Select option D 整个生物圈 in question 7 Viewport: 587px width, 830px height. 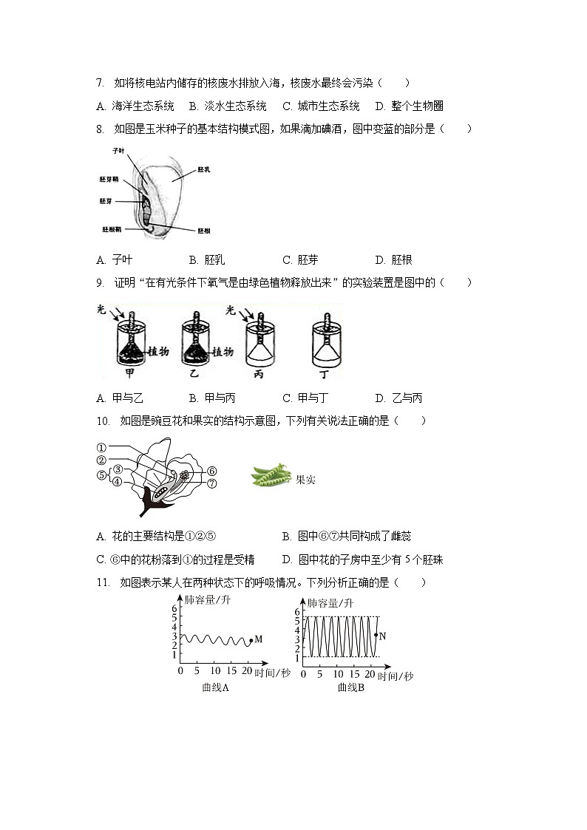pos(409,106)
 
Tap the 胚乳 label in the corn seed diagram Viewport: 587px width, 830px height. pos(204,170)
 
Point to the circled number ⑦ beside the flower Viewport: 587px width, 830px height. pos(211,484)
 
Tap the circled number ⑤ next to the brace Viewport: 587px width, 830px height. pos(101,476)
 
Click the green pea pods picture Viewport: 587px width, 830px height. pos(271,475)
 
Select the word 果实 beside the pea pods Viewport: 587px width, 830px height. pos(305,480)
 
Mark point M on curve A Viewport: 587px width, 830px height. pos(251,640)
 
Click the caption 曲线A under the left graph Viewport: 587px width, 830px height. pos(215,687)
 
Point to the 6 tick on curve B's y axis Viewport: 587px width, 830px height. pos(296,612)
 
